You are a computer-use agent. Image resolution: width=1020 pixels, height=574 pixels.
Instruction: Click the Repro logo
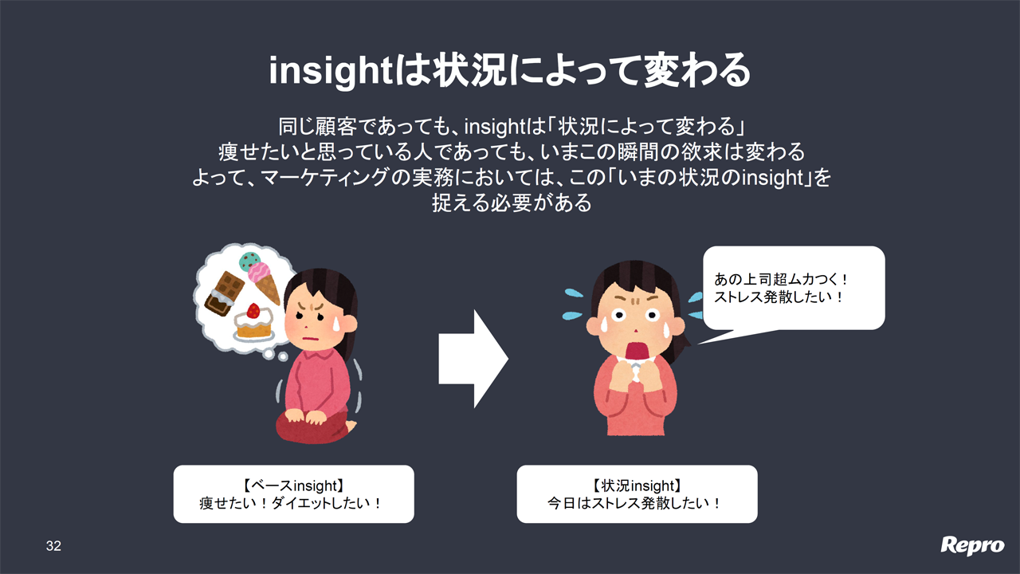(x=972, y=546)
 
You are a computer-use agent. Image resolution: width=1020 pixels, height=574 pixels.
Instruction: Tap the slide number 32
(x=53, y=546)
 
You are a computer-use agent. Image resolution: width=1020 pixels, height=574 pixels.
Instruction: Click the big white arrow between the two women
(x=473, y=359)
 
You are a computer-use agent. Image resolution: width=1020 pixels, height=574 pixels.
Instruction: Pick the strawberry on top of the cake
(x=253, y=311)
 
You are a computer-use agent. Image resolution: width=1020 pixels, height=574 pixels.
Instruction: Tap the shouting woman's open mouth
(x=636, y=352)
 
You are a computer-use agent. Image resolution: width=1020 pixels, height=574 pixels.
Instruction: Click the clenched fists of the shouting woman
(x=635, y=374)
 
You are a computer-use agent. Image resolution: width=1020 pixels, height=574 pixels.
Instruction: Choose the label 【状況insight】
(x=637, y=486)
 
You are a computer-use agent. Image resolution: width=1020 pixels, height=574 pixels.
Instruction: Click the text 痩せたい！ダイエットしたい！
(x=291, y=503)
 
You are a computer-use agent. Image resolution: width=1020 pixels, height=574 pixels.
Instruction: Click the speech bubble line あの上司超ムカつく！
(x=780, y=279)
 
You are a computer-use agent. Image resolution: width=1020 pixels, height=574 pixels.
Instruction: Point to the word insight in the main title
(x=331, y=71)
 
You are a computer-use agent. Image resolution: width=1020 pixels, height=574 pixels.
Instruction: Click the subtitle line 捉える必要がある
(x=512, y=202)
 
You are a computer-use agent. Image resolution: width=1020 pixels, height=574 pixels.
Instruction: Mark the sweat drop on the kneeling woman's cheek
(x=335, y=323)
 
